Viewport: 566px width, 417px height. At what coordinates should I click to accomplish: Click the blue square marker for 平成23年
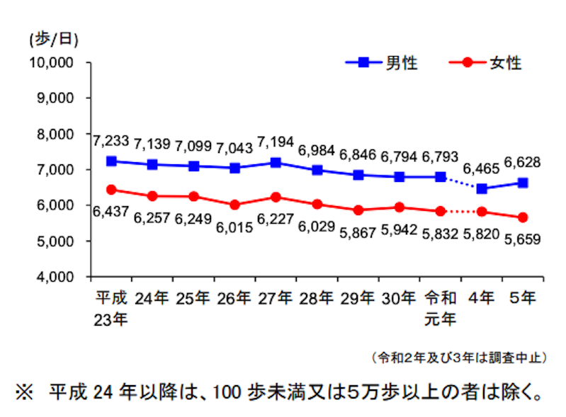111,161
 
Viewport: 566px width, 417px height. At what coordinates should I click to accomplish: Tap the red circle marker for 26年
235,205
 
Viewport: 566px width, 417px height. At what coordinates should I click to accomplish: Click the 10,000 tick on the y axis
55,62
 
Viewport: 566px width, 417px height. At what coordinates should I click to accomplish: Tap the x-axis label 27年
276,298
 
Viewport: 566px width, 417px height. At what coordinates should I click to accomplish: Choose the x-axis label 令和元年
441,308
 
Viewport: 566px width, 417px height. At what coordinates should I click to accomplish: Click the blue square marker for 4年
482,188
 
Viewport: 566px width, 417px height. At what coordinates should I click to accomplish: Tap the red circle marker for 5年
523,217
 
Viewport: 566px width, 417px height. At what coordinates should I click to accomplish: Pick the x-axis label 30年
400,298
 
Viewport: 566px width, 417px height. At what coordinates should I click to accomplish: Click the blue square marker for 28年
317,170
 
